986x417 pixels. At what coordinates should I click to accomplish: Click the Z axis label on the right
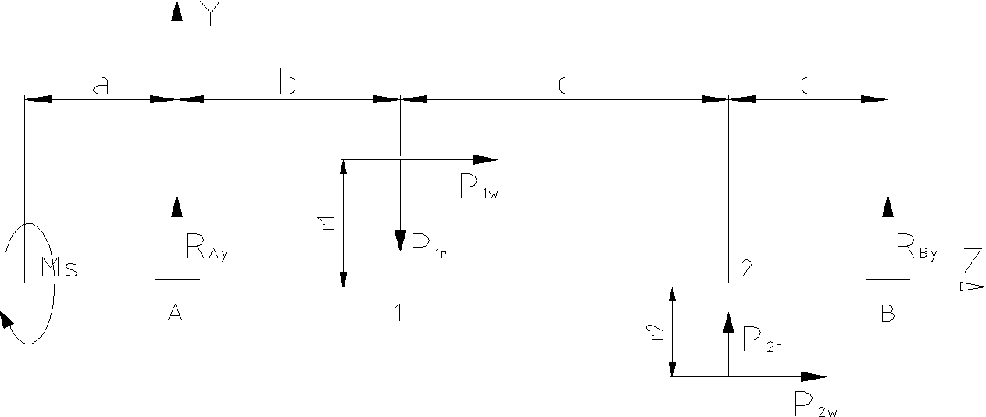(973, 258)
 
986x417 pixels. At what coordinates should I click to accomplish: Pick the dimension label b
(287, 85)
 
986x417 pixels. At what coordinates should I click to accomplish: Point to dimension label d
(809, 84)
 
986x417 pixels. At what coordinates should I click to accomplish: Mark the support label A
(176, 312)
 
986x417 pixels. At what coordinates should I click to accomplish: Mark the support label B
(888, 313)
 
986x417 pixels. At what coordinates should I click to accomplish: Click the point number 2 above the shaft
(747, 269)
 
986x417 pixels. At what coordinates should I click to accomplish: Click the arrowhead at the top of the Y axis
(177, 10)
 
